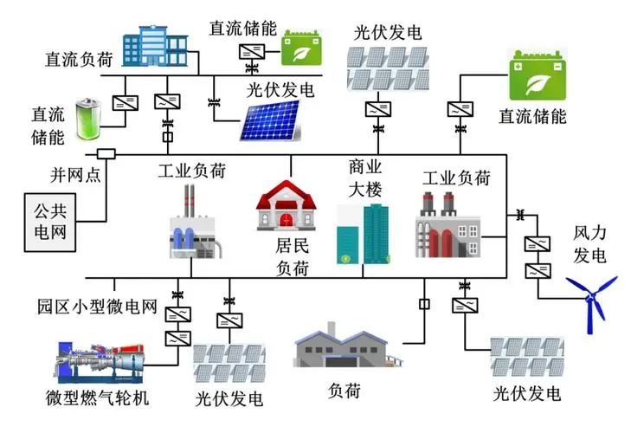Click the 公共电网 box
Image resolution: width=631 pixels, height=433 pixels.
pos(50,223)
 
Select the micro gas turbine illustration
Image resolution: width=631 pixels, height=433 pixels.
pos(100,363)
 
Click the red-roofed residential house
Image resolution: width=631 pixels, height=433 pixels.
pos(287,205)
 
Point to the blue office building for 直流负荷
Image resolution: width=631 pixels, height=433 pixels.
pos(155,46)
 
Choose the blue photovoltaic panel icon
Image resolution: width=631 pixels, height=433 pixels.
pos(270,120)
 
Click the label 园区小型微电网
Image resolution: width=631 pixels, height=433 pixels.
pos(97,307)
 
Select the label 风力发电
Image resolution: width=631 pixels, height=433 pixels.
pos(589,244)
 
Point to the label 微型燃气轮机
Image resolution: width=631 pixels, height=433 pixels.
pos(97,397)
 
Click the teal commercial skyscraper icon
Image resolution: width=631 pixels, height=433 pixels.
pos(363,234)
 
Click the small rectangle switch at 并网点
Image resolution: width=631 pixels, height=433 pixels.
pos(106,154)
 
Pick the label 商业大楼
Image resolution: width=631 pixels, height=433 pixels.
pos(365,178)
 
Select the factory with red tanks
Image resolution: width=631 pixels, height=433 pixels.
pos(447,225)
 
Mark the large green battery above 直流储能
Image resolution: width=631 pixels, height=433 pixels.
pos(538,75)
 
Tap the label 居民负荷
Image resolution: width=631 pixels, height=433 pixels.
pos(293,256)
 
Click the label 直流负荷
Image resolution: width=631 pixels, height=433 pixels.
pos(80,59)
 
